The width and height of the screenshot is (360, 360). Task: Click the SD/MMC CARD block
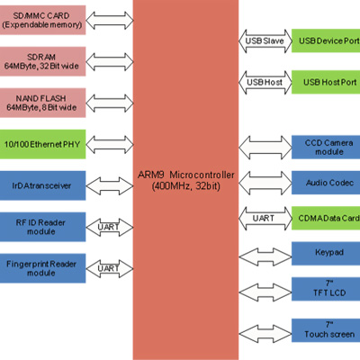42,20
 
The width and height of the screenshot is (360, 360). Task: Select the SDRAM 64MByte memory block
42,61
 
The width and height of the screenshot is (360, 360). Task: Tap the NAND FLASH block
42,103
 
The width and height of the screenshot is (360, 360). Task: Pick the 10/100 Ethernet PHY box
42,144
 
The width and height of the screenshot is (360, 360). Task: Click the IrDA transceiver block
42,185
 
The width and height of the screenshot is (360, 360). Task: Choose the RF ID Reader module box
42,227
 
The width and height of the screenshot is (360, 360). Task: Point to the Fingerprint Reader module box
42,268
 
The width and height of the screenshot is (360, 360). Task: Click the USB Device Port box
326,40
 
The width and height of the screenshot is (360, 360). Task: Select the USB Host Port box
326,82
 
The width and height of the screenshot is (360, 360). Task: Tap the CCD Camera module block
326,148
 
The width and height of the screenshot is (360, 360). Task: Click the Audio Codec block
326,183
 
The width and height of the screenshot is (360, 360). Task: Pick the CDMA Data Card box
326,218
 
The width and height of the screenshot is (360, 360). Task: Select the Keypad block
326,254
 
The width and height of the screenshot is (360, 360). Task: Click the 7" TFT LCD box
326,289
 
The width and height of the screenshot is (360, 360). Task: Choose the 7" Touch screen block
326,330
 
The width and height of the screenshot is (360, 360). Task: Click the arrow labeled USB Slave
265,41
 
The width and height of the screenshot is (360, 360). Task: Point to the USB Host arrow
265,83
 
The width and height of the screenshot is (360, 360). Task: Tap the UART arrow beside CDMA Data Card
265,219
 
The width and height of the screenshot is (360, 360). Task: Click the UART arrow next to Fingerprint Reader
110,268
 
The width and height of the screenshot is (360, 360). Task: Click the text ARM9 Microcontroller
186,175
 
